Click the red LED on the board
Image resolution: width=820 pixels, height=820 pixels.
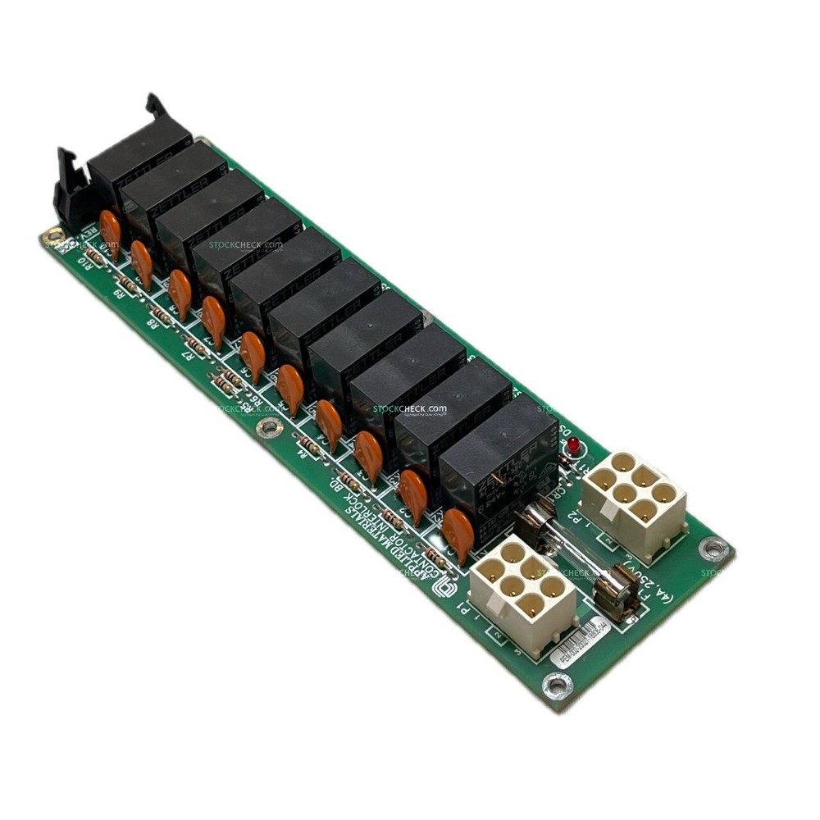(x=572, y=445)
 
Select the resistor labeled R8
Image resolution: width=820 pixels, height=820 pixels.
(x=162, y=316)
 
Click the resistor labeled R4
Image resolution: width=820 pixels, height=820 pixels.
(x=310, y=444)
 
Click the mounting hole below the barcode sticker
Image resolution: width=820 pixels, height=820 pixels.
(x=558, y=683)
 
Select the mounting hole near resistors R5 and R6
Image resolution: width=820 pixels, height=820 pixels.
(x=269, y=427)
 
